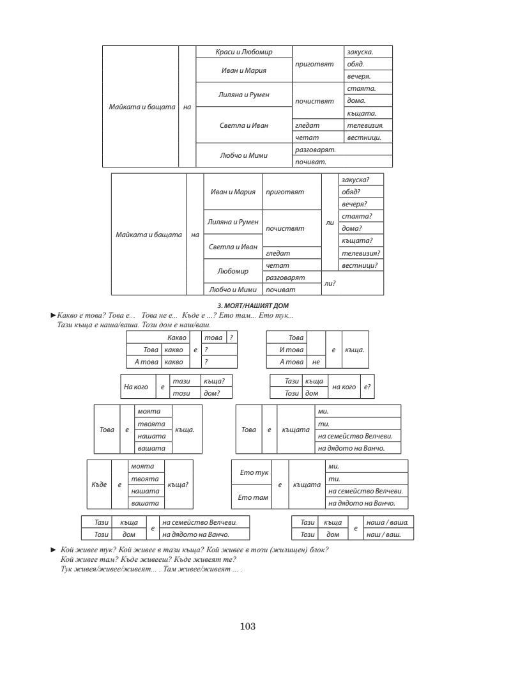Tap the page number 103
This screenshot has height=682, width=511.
(248, 627)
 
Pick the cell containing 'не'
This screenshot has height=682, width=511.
(314, 362)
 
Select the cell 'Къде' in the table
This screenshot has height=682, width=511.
(99, 484)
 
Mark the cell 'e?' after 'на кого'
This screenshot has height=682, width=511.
(366, 387)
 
